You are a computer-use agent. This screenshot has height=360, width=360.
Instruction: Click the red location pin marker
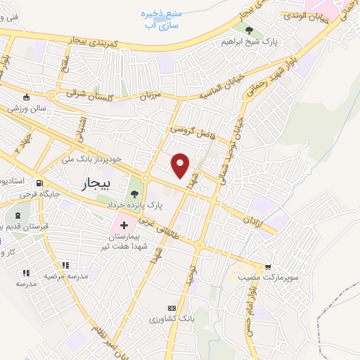pos(181,165)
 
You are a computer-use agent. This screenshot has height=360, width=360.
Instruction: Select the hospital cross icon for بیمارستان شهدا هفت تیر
pos(124,226)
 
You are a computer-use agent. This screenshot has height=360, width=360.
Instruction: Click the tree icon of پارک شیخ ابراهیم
pos(250,30)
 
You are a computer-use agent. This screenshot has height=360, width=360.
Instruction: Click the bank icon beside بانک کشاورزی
pos(171,308)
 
